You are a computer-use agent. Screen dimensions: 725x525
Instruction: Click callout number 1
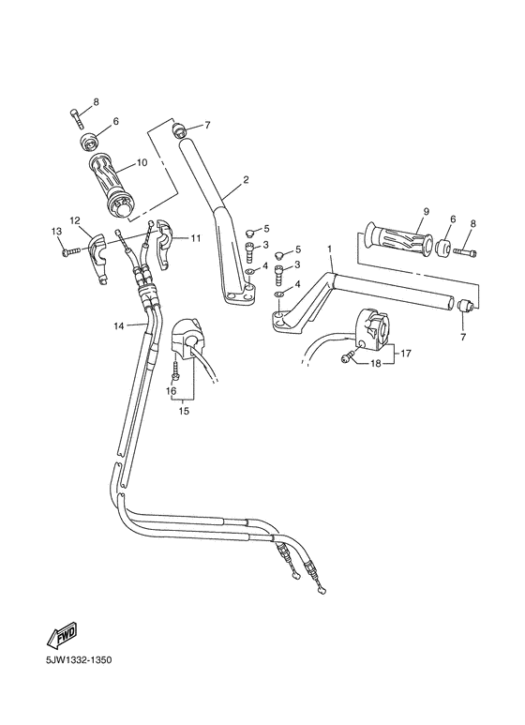click(330, 250)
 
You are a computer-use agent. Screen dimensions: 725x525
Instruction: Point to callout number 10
click(142, 162)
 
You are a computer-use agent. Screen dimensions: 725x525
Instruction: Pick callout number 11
click(195, 238)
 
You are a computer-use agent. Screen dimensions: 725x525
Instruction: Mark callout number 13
click(55, 232)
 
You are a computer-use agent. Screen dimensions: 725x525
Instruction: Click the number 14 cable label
click(119, 325)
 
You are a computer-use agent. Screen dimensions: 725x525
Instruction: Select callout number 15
click(184, 411)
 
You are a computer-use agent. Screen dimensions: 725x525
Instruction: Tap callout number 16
click(171, 389)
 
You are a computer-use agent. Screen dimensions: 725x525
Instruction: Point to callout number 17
click(407, 354)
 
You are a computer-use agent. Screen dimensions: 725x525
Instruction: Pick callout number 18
click(375, 363)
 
